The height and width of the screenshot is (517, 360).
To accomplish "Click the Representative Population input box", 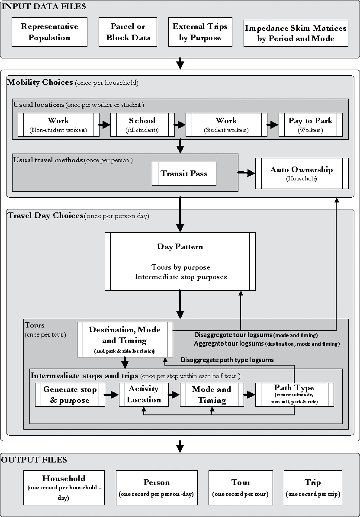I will pos(49,32).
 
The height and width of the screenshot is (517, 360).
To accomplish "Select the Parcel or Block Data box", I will pos(128,32).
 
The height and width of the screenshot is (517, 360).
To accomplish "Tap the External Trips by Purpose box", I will pos(200,32).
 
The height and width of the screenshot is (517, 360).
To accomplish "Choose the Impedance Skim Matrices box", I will pos(296,33).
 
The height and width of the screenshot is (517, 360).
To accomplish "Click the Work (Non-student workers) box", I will pos(58,125).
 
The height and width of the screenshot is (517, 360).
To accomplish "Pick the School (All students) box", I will pos(142,125).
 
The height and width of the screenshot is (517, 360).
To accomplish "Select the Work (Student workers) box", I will pos(226,125).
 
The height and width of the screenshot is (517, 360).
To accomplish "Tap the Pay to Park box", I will pos(310,125).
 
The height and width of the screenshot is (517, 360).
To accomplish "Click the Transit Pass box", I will pos(184,173).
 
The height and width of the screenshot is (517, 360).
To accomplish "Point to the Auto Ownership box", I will pos(302,173).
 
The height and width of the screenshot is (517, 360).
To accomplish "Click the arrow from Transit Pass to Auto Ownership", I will pos(246,173).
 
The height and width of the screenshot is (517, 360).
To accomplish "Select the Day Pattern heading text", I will pos(180,247).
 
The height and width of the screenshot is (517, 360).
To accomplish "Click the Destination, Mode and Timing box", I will pos(125,339).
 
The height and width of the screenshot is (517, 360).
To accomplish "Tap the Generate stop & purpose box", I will pos(70,395).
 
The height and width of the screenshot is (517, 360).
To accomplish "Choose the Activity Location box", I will pos(144,395).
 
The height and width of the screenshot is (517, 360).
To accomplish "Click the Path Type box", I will pos(294,394).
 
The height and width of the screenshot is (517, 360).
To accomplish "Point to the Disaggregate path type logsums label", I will pos(227,360).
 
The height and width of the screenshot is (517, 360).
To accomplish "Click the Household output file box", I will pos(64,488).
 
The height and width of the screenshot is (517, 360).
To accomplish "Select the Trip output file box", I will pos(312,488).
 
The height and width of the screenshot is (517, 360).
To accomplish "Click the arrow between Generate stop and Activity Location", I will pos(112,395).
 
